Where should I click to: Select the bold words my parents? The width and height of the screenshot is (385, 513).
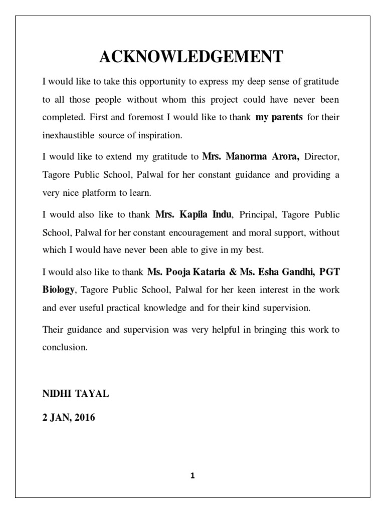279,118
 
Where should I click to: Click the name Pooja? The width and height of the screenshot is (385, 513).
173,271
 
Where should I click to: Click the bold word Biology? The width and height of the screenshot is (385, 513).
59,290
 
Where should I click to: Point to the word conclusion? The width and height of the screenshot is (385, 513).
65,347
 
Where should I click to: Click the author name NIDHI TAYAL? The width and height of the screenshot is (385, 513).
76,394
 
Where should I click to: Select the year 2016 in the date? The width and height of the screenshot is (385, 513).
83,416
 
